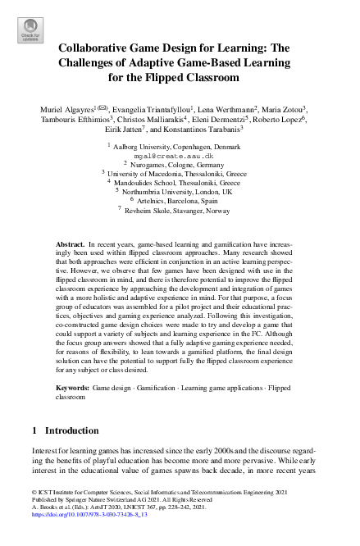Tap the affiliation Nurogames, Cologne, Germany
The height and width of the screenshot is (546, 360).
pos(180,163)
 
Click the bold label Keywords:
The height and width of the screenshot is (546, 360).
pos(72,385)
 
